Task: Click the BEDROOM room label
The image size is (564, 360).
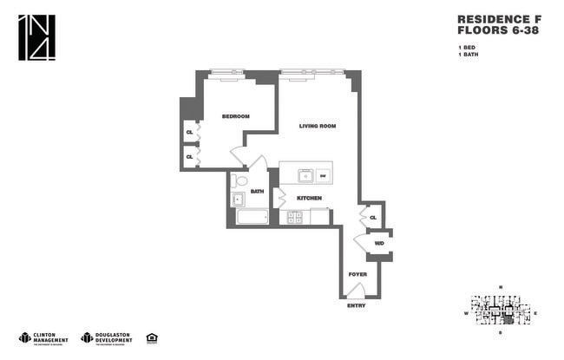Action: coord(235,116)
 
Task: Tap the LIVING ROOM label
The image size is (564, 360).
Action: coord(317,127)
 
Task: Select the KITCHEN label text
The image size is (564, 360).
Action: coord(309,198)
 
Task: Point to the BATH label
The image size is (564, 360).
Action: coord(257,191)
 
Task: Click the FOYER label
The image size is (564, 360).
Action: coord(357,274)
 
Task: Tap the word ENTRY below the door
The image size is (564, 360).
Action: coord(357,305)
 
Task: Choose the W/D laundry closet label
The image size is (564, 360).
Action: coord(379,244)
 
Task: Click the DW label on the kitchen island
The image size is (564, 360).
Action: coord(322,176)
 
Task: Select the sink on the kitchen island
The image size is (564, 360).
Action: coord(305,176)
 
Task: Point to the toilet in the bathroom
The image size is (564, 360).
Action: coord(239,180)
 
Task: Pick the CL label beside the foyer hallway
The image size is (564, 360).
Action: coord(372,217)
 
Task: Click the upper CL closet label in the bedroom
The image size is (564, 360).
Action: coord(189,133)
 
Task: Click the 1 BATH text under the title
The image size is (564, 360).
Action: coord(468,55)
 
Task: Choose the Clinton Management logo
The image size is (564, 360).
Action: coord(43,337)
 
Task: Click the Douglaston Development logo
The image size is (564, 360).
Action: coord(106,337)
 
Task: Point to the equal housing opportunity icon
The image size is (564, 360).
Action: coord(152,337)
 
